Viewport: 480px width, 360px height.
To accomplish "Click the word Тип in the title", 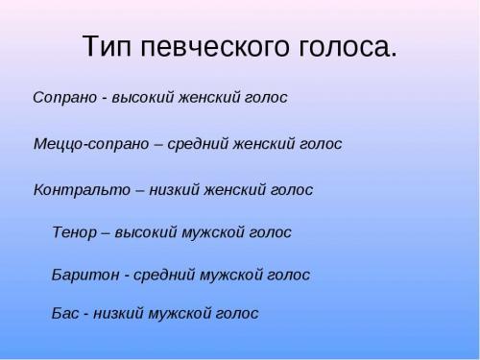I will pos(105,47).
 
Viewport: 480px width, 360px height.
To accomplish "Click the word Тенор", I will pos(75,232).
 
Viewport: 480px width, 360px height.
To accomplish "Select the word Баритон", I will pos(84,276).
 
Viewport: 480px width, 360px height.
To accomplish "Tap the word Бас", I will pos(65,313).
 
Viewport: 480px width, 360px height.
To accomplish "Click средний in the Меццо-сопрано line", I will pos(197,144).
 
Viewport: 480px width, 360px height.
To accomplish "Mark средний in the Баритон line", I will pos(163,276).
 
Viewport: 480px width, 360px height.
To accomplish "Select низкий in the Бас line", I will pos(119,313).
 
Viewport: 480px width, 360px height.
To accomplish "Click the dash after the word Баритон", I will pos(126,276).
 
